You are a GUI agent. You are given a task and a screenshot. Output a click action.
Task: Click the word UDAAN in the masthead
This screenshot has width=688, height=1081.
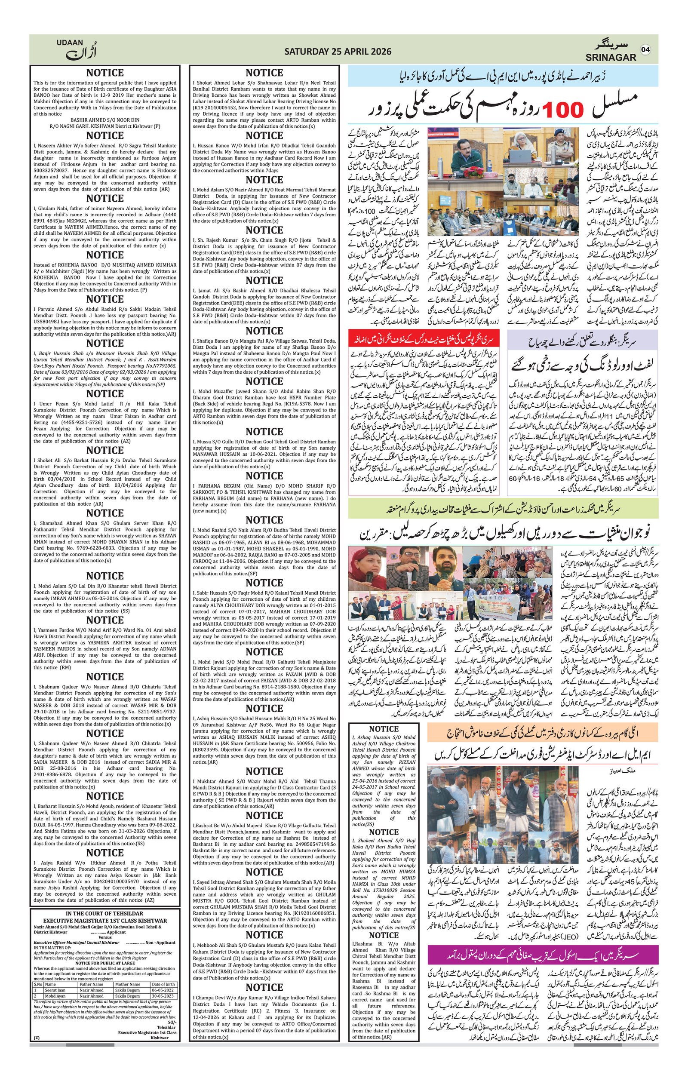click(70, 42)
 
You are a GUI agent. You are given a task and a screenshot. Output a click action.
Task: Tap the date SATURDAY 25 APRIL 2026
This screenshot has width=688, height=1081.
click(338, 52)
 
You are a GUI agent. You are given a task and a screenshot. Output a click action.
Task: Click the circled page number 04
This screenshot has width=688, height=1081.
click(645, 50)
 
